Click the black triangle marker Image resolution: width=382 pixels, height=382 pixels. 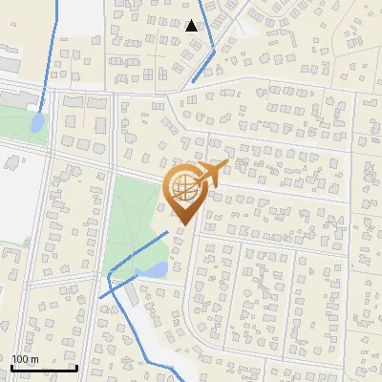click(x=192, y=26)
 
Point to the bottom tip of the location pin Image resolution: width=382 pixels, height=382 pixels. click(x=181, y=225)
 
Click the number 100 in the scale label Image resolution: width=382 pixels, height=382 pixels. click(x=20, y=359)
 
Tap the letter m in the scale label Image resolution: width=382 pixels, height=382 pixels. click(x=34, y=359)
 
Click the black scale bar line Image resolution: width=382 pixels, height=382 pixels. click(x=44, y=367)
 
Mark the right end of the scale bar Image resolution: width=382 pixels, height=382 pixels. click(x=76, y=367)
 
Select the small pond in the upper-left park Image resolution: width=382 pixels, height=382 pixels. click(x=36, y=123)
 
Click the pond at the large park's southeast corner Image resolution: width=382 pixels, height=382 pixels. click(x=151, y=272)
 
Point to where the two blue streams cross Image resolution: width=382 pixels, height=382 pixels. click(x=111, y=277)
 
